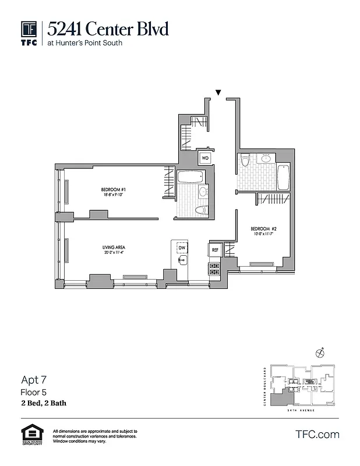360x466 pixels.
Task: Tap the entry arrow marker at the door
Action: (218, 93)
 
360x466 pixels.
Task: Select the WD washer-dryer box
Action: (205, 157)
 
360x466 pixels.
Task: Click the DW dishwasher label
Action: (182, 248)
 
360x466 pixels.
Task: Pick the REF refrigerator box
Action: (214, 250)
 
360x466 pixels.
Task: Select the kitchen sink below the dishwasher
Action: (182, 260)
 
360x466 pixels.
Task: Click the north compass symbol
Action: (319, 352)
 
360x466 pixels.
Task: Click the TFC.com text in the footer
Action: (317, 434)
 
